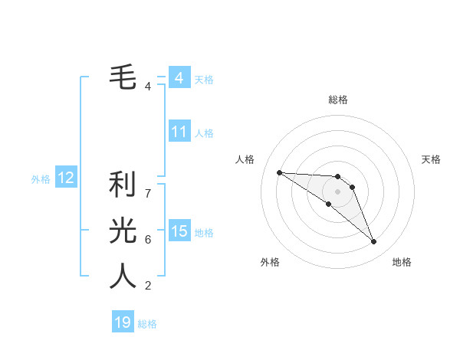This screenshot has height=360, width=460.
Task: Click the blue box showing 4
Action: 179,78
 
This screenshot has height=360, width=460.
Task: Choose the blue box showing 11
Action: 179,132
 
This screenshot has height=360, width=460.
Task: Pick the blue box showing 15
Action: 179,231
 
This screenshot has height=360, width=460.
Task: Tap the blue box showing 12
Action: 66,178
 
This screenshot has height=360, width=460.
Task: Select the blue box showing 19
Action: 123,322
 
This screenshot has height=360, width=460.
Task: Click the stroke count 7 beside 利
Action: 148,194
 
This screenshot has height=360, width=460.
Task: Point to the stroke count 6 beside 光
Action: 148,240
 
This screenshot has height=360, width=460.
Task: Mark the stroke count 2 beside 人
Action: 148,286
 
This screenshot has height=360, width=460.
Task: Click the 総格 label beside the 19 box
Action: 147,324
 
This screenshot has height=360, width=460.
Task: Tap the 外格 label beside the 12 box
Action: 41,179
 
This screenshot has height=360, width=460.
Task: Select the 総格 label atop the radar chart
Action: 338,100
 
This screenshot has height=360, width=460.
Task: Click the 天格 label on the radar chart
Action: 432,159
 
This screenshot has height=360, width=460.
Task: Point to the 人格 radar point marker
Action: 279,172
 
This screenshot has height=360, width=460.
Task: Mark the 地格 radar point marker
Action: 374,242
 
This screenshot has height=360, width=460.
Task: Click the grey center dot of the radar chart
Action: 338,191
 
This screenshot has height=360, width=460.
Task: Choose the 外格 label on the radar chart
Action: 270,262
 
